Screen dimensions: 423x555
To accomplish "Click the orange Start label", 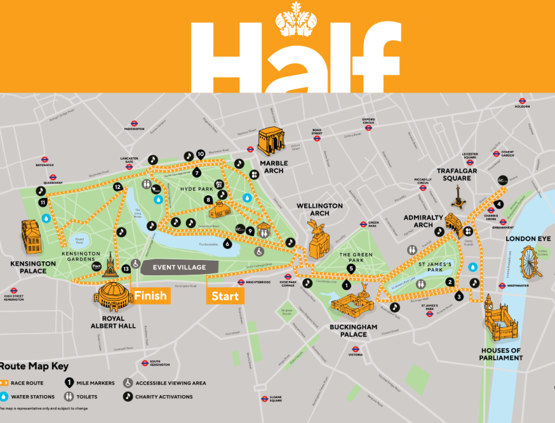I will point(225,296).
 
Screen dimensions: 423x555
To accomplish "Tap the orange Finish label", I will point(150,296).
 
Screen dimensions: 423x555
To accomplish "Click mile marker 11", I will point(43,202).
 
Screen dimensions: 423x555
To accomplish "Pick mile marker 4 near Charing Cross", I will point(499,204).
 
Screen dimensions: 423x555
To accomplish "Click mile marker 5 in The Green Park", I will point(351,268).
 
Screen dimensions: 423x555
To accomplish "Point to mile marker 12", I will point(117,187).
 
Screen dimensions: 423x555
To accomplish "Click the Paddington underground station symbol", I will point(135,123).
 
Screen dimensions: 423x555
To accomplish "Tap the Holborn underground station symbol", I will point(522,101).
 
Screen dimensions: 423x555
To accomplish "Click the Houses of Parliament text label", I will point(501,354).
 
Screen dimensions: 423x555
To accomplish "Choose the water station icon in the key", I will point(5,397).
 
